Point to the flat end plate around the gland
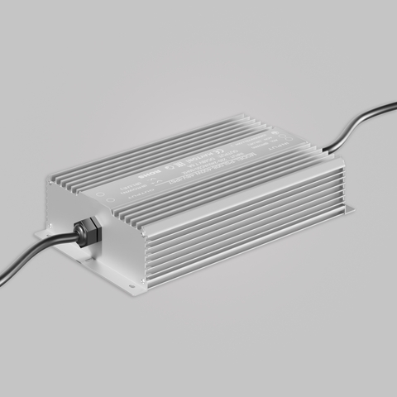pyautogui.click(x=108, y=240)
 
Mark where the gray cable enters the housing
pyautogui.click(x=324, y=151)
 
